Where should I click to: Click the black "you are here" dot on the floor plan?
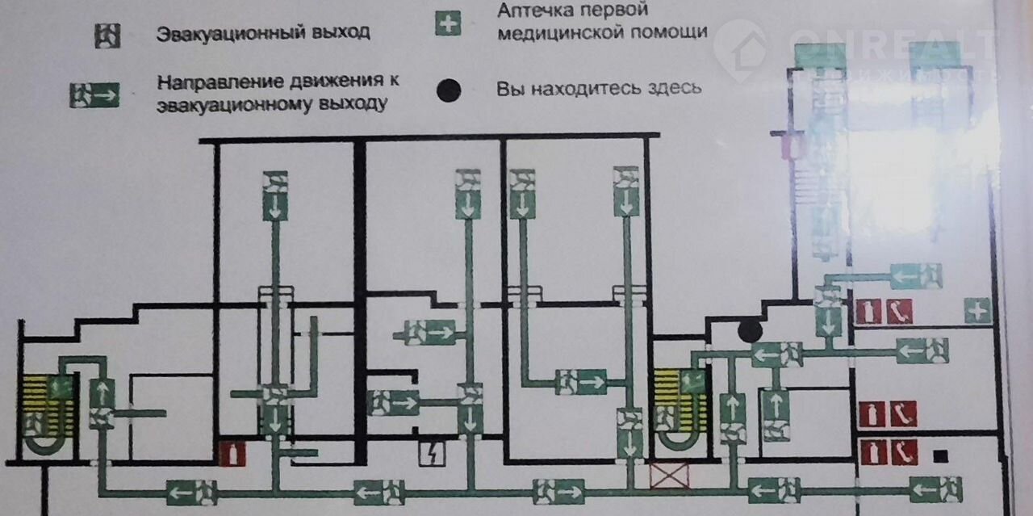pos(750,329)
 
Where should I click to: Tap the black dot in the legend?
pos(449,90)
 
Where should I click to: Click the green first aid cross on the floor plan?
pos(977,311)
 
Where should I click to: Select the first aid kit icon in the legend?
pos(448,24)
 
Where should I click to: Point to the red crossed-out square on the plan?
pos(671,475)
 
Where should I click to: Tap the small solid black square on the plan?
pos(938,457)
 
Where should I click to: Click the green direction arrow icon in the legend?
pos(94,95)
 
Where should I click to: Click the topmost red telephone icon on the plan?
pos(899,311)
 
